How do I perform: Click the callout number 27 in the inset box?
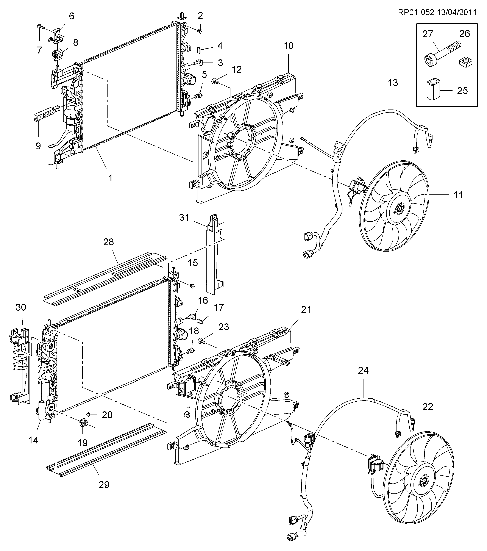point(428,34)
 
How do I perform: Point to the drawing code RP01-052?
point(416,13)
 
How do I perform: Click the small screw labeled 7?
point(40,27)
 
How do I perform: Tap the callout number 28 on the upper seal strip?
point(108,242)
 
